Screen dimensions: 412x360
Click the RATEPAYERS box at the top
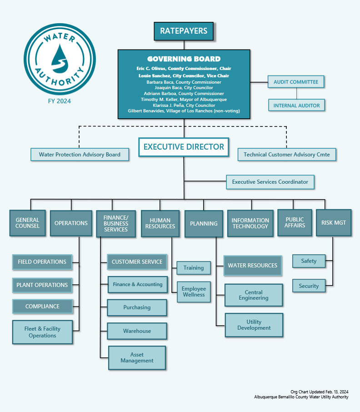[x=184, y=31]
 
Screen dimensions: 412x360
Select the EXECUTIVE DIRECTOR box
[x=184, y=147]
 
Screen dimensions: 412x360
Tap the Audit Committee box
[x=296, y=82]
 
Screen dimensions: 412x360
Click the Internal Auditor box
[x=296, y=106]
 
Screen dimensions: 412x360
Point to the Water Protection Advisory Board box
[x=80, y=155]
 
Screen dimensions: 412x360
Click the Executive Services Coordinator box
[x=270, y=182]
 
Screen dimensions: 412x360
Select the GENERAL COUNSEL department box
[x=27, y=223]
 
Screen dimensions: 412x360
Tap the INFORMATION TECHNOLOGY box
[x=250, y=223]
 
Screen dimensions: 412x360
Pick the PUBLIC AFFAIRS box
[x=295, y=222]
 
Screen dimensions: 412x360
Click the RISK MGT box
[x=333, y=223]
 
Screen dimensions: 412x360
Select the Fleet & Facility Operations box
[x=42, y=332]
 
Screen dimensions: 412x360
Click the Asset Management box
[x=137, y=357]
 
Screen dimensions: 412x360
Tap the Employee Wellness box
[x=194, y=291]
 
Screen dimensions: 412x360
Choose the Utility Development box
[x=254, y=325]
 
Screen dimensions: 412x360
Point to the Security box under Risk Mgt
[x=309, y=286]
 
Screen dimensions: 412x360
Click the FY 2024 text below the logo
[x=60, y=101]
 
